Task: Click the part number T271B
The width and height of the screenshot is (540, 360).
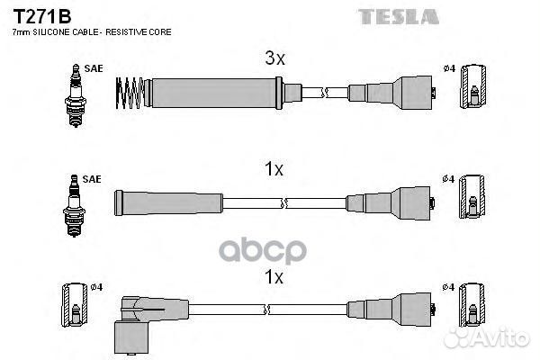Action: [42, 16]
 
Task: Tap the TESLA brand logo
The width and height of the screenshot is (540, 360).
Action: [399, 17]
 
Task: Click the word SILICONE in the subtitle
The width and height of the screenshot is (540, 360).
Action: [51, 32]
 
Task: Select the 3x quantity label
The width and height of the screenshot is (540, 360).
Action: [274, 58]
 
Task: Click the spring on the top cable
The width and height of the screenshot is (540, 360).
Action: [130, 93]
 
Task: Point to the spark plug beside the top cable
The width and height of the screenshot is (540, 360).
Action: [76, 95]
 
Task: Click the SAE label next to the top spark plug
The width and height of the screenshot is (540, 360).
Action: [94, 68]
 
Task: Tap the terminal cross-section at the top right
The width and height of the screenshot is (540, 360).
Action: [473, 86]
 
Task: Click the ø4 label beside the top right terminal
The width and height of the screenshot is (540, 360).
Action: [449, 68]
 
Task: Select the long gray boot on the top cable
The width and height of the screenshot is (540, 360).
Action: [213, 93]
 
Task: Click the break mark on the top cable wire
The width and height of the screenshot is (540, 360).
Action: [325, 93]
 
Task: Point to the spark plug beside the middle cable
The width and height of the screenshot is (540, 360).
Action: [74, 206]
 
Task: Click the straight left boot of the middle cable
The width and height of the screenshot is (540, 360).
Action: [168, 203]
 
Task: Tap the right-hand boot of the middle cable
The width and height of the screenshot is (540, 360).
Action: [390, 203]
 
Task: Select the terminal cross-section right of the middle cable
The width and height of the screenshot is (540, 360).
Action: [472, 197]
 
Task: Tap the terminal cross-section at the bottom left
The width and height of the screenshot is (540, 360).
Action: [75, 305]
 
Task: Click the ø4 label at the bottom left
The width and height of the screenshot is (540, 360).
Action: [97, 287]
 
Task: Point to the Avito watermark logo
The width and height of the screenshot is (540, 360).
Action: [487, 337]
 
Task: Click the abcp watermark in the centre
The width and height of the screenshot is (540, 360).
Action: [263, 251]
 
